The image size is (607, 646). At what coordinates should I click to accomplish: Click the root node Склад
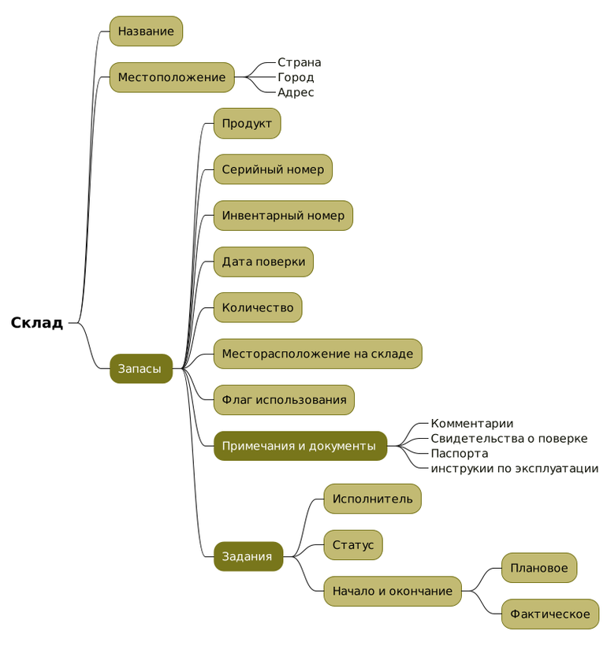coord(37,323)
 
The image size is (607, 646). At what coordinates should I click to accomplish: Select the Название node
coord(146,32)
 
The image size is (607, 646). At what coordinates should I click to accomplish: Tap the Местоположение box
coord(172,77)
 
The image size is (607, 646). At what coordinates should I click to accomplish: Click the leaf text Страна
coord(299,62)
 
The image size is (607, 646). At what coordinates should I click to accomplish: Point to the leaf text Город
coord(296,77)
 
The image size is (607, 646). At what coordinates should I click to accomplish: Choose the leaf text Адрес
coord(296,92)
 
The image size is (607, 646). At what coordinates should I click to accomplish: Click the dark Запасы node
coord(140,369)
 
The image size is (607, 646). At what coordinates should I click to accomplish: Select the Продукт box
coord(247,124)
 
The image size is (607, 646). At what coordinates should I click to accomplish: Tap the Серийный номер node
coord(273,169)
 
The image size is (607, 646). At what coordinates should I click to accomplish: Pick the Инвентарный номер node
coord(283,216)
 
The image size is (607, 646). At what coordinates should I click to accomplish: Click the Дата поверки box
coord(263,262)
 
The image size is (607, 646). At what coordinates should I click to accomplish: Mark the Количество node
coord(258,308)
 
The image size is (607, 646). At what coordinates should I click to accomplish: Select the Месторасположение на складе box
coord(318,354)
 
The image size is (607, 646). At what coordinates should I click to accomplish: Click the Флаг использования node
coord(284,400)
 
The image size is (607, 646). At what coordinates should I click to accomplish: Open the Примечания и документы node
coord(300,446)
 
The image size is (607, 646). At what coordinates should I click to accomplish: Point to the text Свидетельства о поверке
coord(508,439)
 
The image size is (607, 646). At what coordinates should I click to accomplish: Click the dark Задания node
coord(248,557)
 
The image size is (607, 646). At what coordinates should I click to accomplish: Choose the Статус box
coord(353,545)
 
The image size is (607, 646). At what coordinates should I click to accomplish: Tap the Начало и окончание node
coord(393,591)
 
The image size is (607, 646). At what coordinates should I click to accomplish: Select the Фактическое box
coord(549,614)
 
